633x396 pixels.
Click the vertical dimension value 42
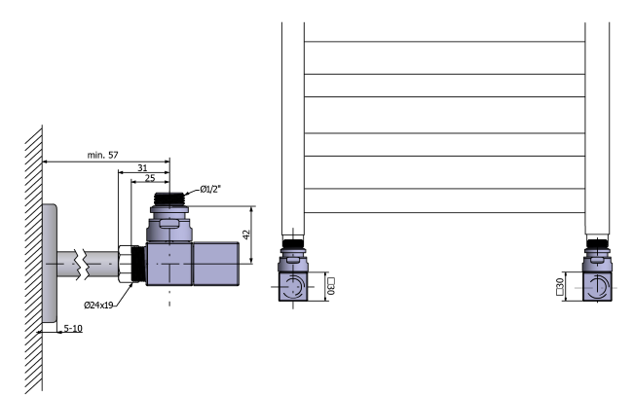[247, 234]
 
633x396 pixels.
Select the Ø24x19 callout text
[101, 305]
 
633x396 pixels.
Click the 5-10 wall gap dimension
[71, 331]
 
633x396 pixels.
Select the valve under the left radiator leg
[295, 274]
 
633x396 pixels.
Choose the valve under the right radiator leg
[598, 274]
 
